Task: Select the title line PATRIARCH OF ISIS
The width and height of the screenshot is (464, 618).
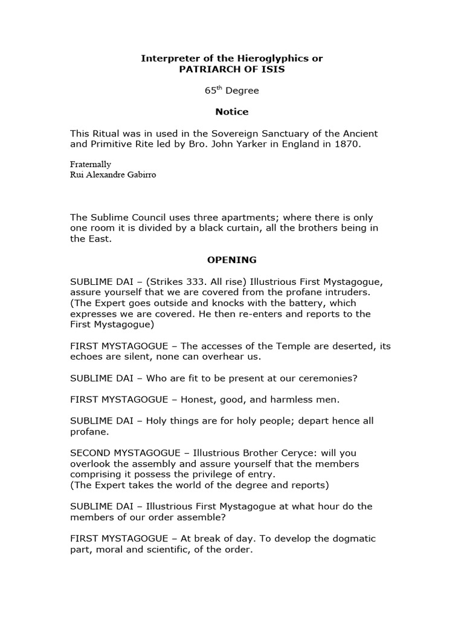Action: [232, 69]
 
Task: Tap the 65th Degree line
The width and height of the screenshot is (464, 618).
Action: [232, 91]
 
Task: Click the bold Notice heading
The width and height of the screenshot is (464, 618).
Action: [232, 112]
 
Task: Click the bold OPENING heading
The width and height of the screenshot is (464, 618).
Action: [232, 260]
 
